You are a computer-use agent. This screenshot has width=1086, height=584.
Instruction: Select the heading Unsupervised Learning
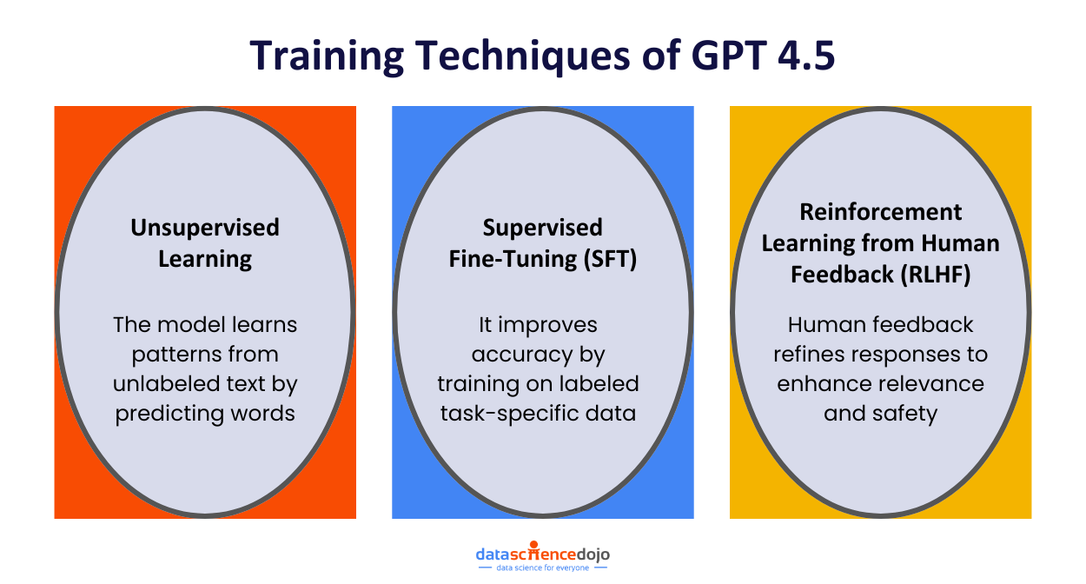205,242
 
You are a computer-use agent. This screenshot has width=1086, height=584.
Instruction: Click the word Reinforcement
881,212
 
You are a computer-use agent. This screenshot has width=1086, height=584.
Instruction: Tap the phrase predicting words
205,413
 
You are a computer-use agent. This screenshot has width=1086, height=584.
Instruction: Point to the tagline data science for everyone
543,567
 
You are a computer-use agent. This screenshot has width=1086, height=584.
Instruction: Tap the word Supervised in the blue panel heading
543,228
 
